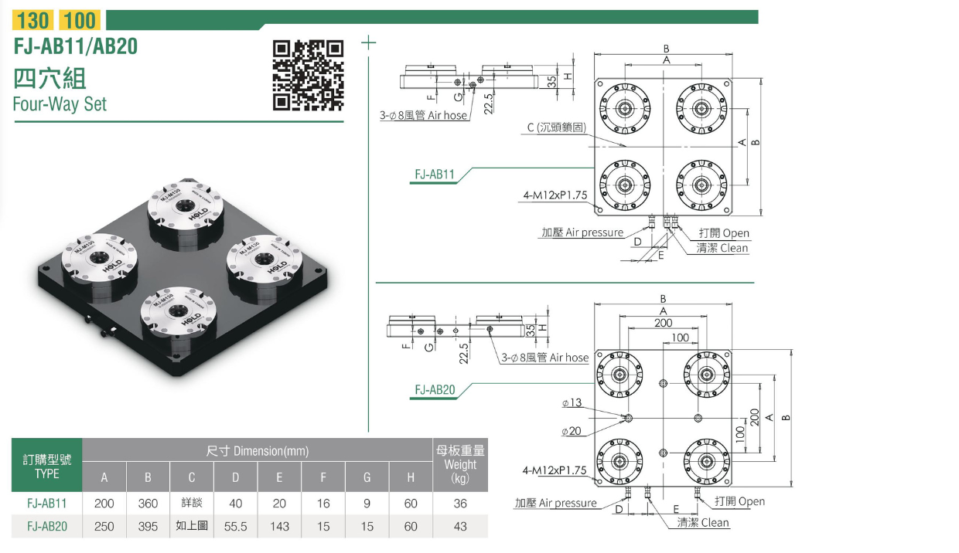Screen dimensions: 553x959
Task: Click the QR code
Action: point(309,75)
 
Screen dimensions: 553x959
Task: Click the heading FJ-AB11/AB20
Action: point(76,46)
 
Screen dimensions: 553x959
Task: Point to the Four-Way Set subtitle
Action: point(60,103)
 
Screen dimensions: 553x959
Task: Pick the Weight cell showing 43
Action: point(460,526)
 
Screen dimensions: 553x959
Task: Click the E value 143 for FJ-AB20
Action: point(279,526)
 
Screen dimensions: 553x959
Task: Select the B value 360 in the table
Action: point(148,504)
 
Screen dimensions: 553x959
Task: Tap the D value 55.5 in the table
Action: point(236,526)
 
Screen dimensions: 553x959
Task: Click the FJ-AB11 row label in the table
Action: point(46,504)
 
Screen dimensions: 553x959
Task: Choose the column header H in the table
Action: point(411,478)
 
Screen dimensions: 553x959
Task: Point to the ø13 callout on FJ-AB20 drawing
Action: point(572,403)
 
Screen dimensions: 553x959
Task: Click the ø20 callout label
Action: point(572,430)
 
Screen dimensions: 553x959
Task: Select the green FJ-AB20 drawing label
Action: point(434,390)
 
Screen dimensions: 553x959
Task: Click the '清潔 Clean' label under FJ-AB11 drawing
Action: point(722,248)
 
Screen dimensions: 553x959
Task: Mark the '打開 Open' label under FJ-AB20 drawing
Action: point(739,501)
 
